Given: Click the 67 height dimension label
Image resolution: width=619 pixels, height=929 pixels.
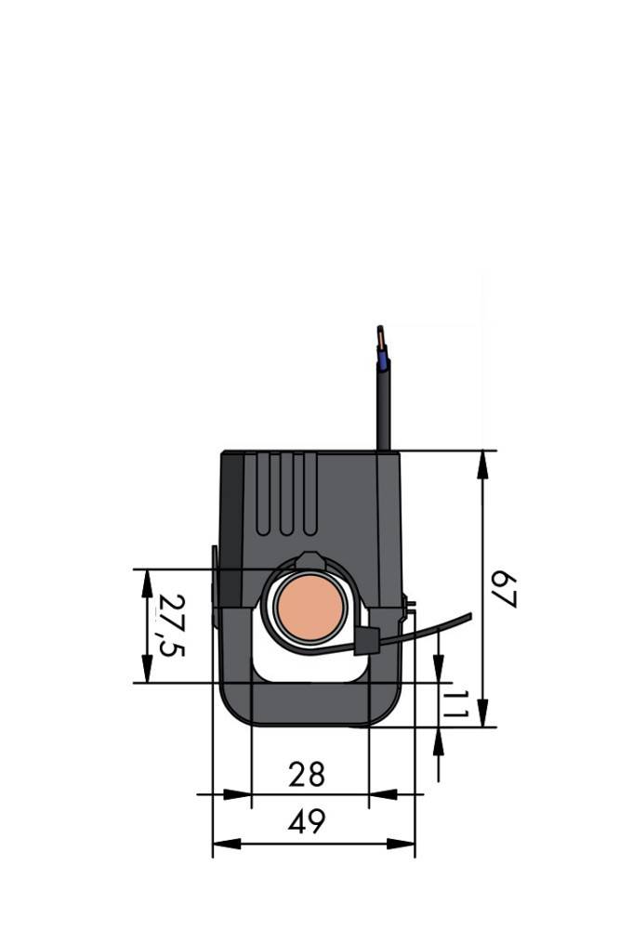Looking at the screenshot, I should tap(503, 589).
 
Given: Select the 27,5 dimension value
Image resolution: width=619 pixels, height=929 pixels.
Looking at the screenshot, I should tap(170, 624).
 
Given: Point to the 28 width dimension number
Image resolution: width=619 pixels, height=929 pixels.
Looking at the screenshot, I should tap(307, 774).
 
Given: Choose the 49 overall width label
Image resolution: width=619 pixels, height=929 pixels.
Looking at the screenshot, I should tap(307, 822).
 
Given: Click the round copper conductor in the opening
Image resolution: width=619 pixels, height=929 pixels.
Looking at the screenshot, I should tap(311, 608).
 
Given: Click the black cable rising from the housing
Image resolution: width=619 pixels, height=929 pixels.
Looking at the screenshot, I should tap(382, 409).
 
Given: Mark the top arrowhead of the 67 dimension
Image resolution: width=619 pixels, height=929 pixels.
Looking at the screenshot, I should tap(483, 464).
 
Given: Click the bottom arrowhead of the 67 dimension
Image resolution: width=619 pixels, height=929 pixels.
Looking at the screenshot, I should tap(483, 713).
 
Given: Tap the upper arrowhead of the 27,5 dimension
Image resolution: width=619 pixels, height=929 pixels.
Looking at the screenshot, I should tap(147, 583).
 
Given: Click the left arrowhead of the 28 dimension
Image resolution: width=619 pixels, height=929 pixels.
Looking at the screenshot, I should tap(238, 794).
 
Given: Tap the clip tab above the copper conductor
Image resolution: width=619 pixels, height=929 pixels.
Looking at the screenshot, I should tap(309, 560).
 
